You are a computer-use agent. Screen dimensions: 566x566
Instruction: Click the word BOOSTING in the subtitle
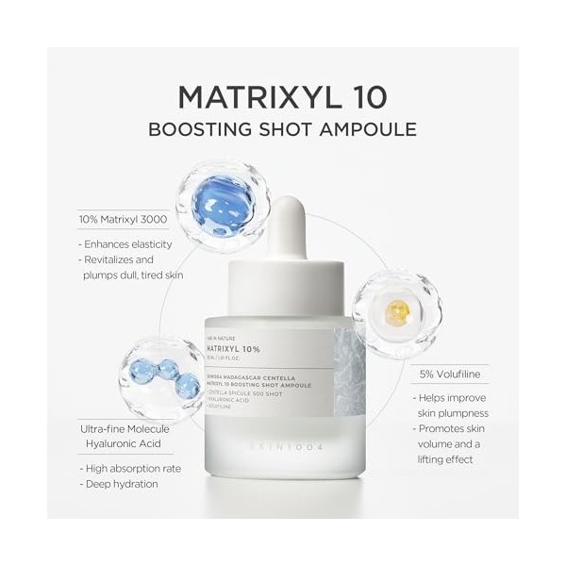[x=197, y=129]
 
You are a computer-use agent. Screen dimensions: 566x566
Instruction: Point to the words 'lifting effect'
[x=451, y=461]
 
